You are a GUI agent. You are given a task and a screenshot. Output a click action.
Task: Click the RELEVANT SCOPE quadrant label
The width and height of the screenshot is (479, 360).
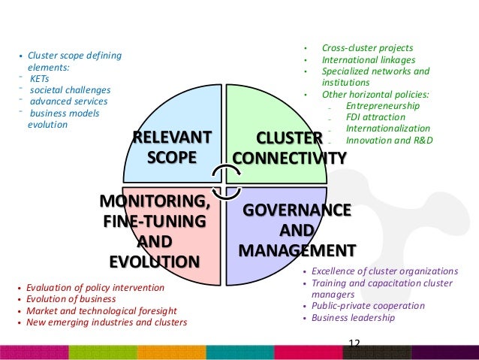pyautogui.click(x=172, y=147)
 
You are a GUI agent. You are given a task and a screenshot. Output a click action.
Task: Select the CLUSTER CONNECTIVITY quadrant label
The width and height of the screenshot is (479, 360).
pyautogui.click(x=290, y=147)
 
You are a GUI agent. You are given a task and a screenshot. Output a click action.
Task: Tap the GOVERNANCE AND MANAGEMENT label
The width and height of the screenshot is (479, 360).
pyautogui.click(x=297, y=229)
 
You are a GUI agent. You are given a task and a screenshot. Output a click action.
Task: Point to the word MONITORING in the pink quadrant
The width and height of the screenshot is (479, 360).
pyautogui.click(x=155, y=202)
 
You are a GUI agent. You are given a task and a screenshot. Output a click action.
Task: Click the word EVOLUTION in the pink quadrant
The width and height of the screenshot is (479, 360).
pyautogui.click(x=155, y=262)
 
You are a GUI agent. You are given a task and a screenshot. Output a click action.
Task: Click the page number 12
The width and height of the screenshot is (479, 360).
pyautogui.click(x=354, y=343)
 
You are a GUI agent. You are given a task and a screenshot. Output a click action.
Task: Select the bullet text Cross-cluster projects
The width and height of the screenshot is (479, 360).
pyautogui.click(x=367, y=48)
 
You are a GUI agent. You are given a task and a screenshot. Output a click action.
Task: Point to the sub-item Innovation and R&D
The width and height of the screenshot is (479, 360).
pyautogui.click(x=390, y=140)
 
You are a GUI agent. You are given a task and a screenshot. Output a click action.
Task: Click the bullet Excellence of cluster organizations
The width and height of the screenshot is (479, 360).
pyautogui.click(x=384, y=271)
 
